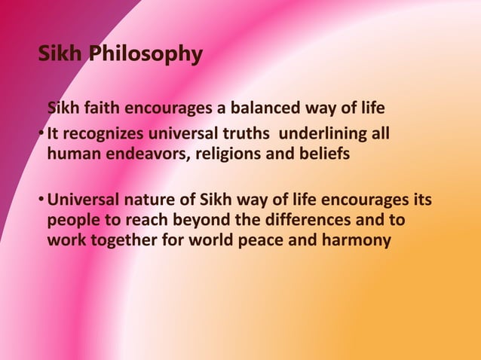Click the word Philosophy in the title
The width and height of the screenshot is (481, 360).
click(145, 54)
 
